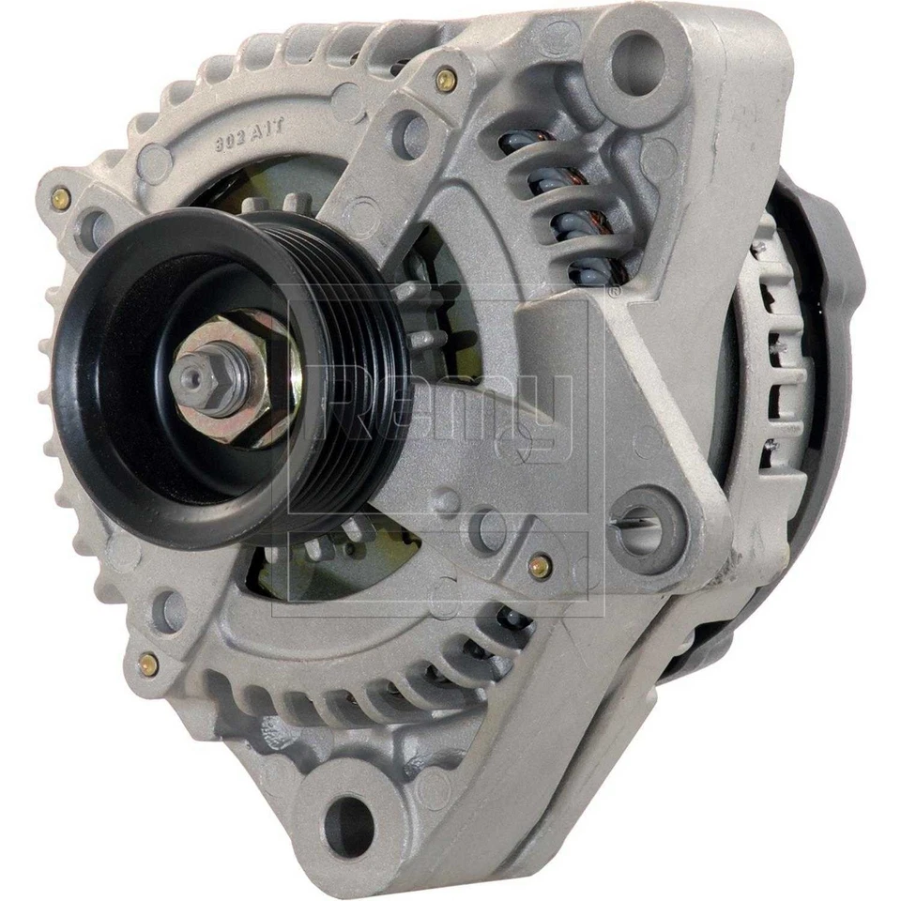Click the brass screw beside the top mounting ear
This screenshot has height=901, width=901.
pyautogui.click(x=448, y=81)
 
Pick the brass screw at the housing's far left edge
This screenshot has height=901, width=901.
pyautogui.click(x=62, y=197)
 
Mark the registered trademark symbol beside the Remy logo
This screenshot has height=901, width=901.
pyautogui.click(x=614, y=293)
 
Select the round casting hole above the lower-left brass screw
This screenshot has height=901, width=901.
pyautogui.click(x=170, y=609)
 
